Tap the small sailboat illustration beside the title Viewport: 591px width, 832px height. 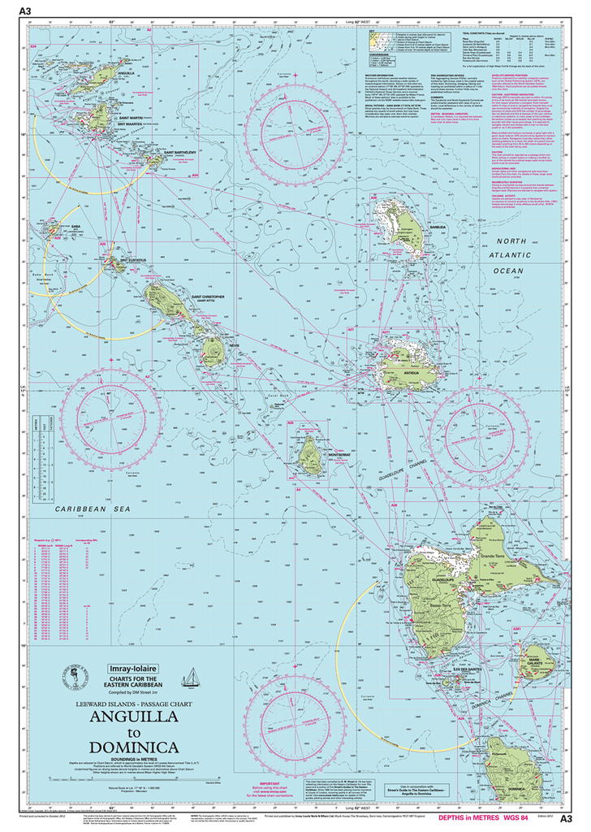pyautogui.click(x=192, y=677)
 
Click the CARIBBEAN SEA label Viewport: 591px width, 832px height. pyautogui.click(x=93, y=508)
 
